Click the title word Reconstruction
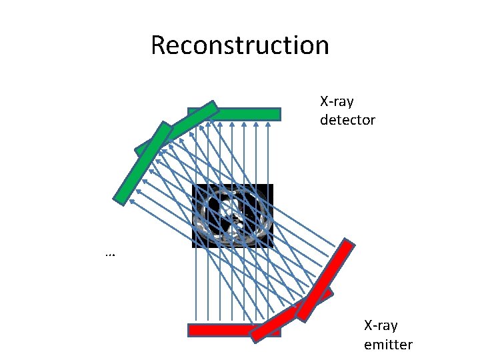pos(240,45)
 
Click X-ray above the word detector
pos(337,102)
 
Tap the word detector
pos(347,120)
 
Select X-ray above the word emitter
pos(381,326)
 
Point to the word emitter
pos(388,345)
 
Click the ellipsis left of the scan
pos(110,254)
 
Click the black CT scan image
pos(233,216)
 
